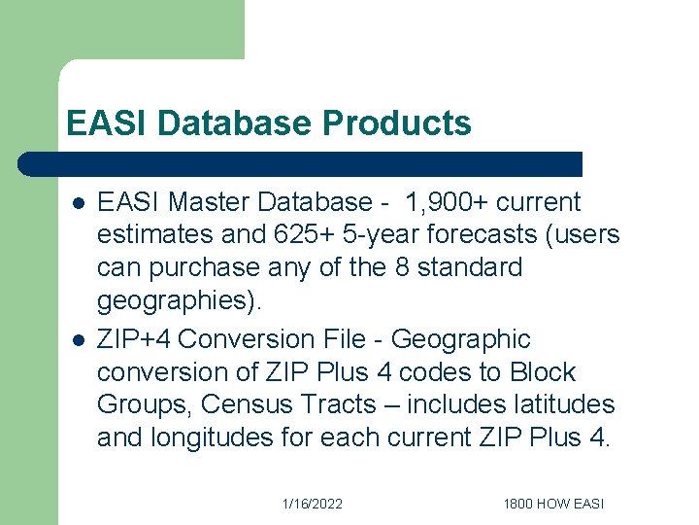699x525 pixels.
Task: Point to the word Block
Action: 541,372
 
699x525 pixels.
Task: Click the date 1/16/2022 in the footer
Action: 313,504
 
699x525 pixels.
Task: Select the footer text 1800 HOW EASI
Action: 553,504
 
